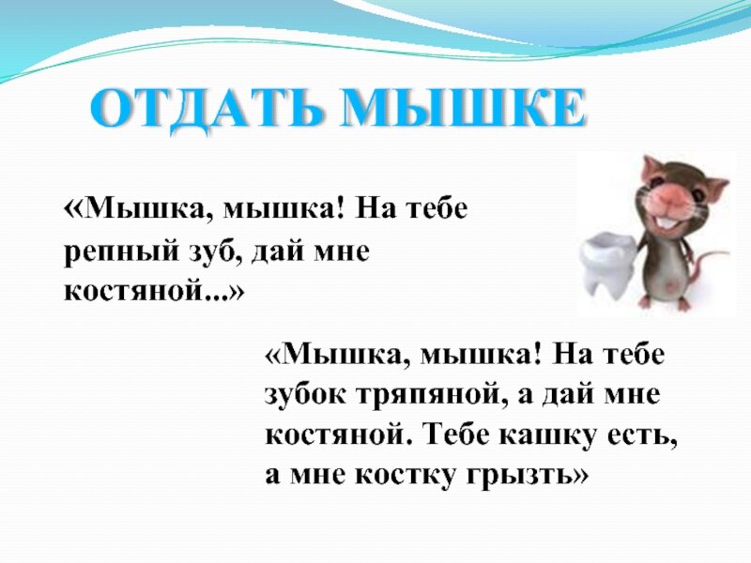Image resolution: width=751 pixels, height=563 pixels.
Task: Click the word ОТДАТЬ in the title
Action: coord(205,111)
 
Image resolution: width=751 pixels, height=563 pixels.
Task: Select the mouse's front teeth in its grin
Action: coord(662,224)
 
